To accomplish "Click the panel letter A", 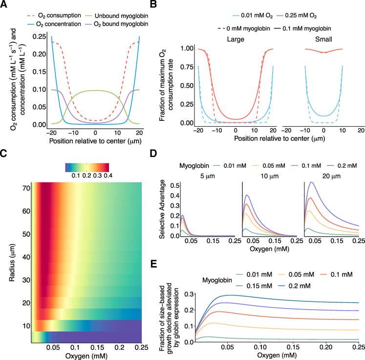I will [x=4, y=5].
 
